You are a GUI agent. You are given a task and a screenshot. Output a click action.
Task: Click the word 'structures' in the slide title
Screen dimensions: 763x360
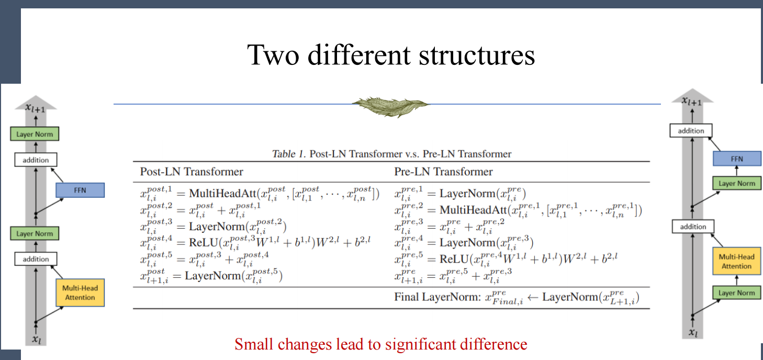[477, 55]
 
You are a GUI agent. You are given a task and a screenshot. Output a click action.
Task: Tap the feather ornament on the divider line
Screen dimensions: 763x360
[390, 106]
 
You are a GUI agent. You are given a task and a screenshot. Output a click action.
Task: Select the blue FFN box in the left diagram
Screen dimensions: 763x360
[80, 190]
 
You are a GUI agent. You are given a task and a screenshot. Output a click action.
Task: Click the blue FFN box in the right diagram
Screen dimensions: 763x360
[737, 159]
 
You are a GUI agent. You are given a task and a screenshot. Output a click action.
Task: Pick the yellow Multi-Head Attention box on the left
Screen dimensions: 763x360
[80, 292]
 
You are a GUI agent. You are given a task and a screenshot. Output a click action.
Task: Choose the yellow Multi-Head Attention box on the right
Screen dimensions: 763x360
[737, 261]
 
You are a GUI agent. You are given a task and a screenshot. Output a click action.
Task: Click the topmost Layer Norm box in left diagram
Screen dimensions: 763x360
[35, 134]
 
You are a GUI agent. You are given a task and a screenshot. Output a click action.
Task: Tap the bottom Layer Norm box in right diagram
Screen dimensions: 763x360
[737, 292]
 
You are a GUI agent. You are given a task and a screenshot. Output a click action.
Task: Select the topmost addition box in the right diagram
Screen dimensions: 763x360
[691, 130]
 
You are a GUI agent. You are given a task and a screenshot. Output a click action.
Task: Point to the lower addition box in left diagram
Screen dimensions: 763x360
[36, 259]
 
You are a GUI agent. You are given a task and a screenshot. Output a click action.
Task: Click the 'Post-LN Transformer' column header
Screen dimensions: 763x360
[192, 172]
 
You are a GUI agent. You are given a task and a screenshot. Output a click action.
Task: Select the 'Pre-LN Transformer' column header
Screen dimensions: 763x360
[443, 172]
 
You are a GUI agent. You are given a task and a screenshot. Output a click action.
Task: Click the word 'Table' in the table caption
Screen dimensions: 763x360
[284, 154]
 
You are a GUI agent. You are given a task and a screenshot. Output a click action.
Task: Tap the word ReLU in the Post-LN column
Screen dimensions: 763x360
[204, 242]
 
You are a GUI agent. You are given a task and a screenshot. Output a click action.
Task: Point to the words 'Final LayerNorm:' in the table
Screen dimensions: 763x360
[437, 297]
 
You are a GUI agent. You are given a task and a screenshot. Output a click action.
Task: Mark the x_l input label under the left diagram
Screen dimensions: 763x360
[37, 339]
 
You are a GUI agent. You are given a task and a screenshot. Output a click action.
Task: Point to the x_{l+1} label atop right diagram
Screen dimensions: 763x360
[692, 101]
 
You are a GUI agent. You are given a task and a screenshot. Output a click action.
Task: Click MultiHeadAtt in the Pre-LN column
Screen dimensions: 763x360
[473, 210]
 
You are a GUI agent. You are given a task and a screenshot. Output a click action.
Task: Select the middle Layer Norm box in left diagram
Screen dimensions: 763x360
[35, 233]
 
